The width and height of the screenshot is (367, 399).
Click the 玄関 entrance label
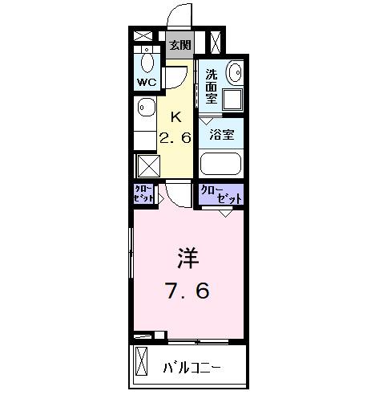pyautogui.click(x=180, y=45)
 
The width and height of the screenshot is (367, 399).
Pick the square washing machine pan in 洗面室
pyautogui.click(x=232, y=100)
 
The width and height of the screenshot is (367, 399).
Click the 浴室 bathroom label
pyautogui.click(x=222, y=135)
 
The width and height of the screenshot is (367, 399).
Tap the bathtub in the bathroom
pyautogui.click(x=221, y=163)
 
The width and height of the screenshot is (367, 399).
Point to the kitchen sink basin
pyautogui.click(x=144, y=108)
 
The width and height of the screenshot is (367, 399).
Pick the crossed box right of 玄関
pyautogui.click(x=215, y=40)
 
